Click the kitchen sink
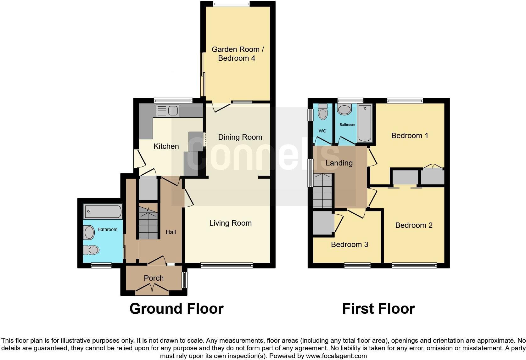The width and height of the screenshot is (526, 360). point(167,111)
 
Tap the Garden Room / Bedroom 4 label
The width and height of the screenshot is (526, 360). point(238,54)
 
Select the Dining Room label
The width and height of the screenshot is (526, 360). point(240,137)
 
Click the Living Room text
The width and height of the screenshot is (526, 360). point(230,223)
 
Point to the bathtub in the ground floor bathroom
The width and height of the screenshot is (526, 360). point(102,212)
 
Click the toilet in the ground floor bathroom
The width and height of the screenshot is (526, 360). point(91,250)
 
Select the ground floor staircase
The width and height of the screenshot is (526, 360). point(148,222)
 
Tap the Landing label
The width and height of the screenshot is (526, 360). point(339,163)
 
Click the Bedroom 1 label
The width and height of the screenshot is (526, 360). point(409,136)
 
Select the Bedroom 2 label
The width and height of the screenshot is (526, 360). point(414,225)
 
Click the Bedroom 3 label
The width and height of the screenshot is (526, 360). point(349,245)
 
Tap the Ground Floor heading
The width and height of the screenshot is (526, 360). point(176,309)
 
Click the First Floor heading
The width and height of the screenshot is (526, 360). point(378,309)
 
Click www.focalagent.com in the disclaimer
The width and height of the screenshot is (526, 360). point(336,356)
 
